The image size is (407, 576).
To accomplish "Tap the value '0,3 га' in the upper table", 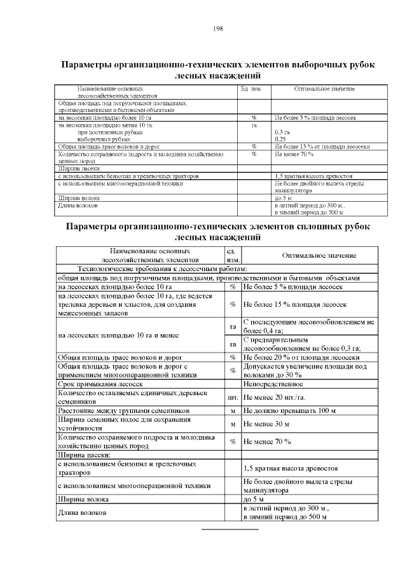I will coord(282,132).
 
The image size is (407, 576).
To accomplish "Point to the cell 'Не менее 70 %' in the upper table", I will coord(294,153).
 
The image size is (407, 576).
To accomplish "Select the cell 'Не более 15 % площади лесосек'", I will coord(295,304).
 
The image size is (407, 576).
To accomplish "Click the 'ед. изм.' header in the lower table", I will coord(233,255).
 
